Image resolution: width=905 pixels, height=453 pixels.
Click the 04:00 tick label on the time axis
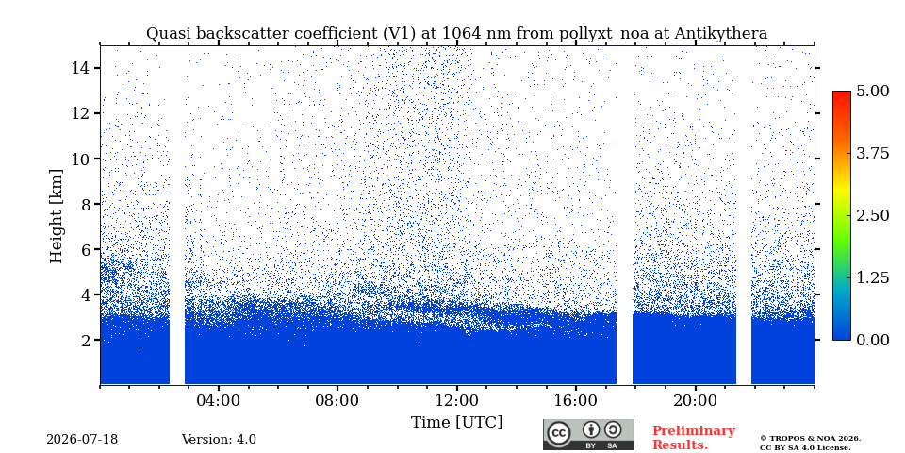218,401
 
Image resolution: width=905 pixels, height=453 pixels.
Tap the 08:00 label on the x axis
337,401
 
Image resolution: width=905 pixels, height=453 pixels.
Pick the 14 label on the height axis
80,68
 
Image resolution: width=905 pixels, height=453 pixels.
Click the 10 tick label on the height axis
80,159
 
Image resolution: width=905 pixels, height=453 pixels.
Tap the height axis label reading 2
86,341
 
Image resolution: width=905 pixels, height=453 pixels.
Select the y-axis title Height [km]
56,216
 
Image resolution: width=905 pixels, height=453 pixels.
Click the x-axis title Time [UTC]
456,423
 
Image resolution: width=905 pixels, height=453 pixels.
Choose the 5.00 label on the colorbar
874,91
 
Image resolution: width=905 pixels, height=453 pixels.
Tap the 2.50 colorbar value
874,215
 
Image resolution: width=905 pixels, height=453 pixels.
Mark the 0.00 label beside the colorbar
874,340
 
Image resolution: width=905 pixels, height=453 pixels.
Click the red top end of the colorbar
842,92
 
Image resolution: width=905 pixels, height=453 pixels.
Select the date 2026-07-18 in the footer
82,440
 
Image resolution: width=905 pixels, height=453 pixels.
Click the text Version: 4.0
219,440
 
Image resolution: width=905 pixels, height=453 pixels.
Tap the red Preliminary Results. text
694,438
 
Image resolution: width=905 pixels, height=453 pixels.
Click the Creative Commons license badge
588,434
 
